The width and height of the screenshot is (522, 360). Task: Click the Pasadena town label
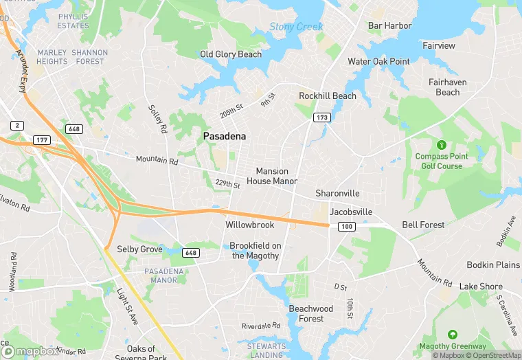(224, 137)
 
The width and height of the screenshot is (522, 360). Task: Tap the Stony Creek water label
(296, 27)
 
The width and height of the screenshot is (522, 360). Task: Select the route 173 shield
(321, 118)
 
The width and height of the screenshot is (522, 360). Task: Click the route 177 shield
(41, 140)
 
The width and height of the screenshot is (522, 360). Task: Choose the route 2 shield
(16, 125)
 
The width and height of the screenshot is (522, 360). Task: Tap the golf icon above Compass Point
(440, 145)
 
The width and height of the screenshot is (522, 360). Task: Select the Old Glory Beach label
(231, 54)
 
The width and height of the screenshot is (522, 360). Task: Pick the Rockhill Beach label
(328, 96)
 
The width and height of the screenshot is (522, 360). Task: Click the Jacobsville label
(351, 212)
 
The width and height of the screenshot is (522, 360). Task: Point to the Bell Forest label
(423, 225)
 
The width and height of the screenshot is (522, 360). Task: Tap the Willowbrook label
(250, 225)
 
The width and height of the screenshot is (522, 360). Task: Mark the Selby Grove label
(139, 249)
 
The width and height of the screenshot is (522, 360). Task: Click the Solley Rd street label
(158, 119)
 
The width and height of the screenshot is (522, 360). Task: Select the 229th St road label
(227, 184)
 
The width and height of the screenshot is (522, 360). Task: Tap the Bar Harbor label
(389, 26)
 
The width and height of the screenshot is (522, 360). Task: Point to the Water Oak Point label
(378, 61)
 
